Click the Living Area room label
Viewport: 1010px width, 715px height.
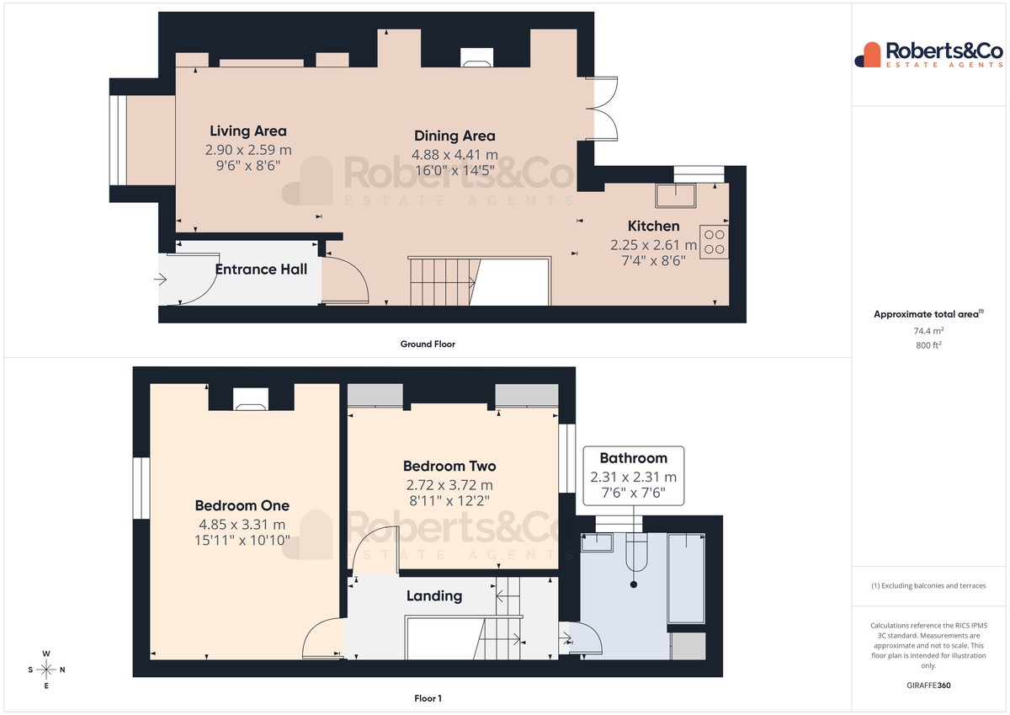click(x=248, y=131)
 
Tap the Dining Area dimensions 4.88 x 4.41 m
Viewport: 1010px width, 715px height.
click(x=454, y=155)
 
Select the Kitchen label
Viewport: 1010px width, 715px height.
click(x=653, y=226)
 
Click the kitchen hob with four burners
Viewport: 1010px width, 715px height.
click(x=714, y=242)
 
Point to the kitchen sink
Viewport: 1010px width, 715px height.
click(x=675, y=195)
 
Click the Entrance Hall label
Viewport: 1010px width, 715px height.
click(x=261, y=269)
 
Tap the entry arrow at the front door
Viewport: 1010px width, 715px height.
click(x=160, y=280)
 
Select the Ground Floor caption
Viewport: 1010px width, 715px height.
click(x=428, y=344)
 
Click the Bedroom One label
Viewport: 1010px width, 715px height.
click(x=242, y=505)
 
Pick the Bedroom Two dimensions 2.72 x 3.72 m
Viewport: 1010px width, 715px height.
click(x=449, y=485)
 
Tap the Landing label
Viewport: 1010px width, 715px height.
click(x=434, y=596)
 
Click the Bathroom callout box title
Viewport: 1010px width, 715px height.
click(x=634, y=458)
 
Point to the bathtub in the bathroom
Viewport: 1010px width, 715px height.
click(x=686, y=579)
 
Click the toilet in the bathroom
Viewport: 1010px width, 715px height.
click(x=635, y=552)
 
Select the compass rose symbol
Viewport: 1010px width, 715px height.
click(x=46, y=670)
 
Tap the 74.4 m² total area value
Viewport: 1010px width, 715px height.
click(x=928, y=331)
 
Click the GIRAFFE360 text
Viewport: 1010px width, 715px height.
click(x=928, y=686)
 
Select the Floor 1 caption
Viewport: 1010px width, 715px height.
click(x=428, y=698)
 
